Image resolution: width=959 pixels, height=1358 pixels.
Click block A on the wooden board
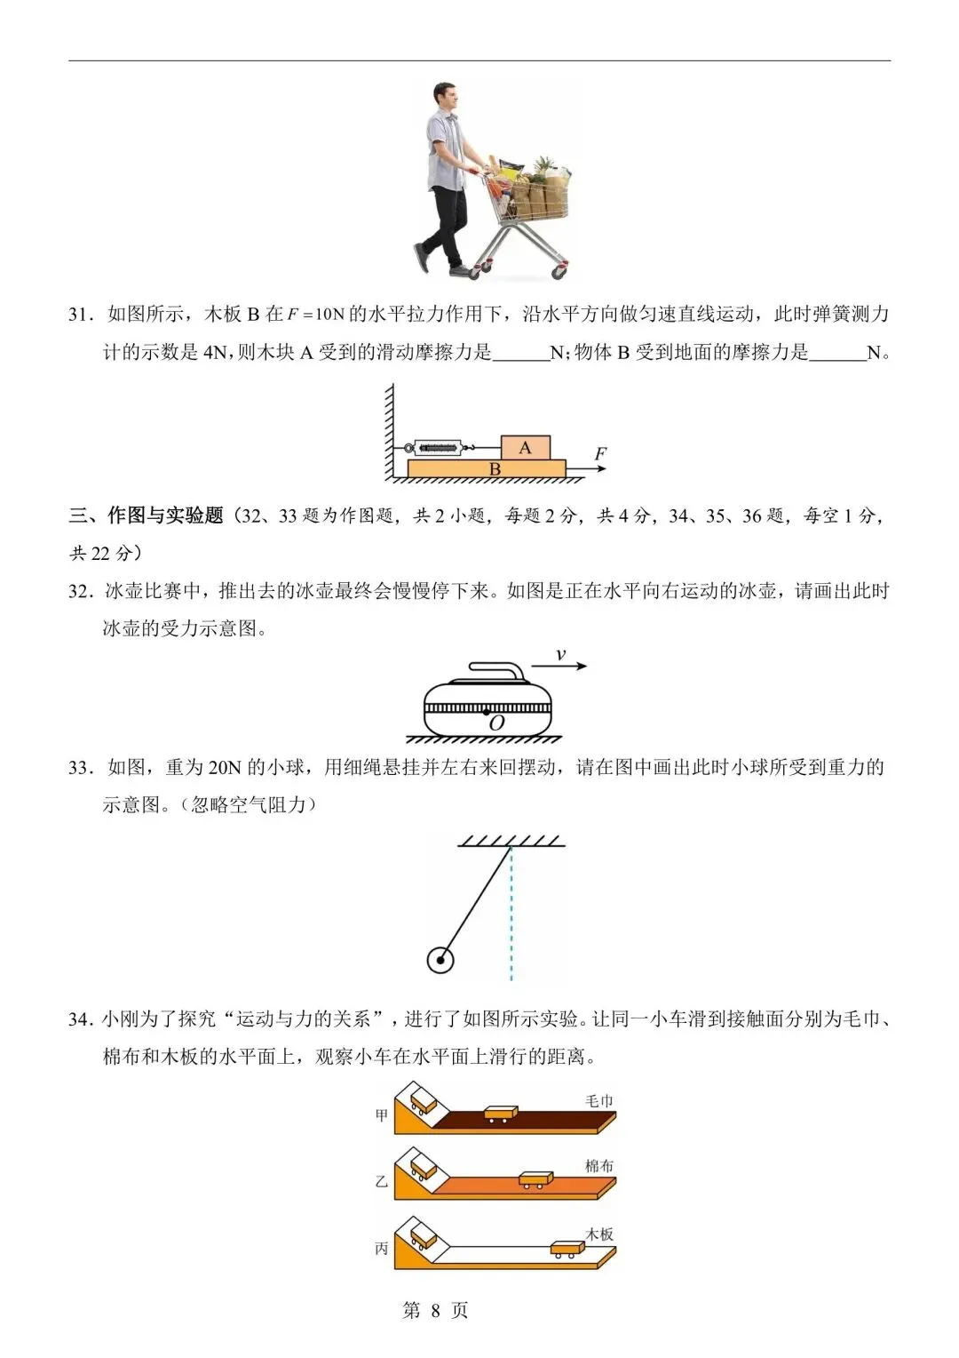click(526, 447)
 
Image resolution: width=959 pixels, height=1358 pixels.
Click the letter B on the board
click(495, 469)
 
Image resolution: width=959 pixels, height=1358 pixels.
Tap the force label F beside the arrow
click(600, 454)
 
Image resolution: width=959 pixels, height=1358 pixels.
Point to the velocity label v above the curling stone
click(560, 655)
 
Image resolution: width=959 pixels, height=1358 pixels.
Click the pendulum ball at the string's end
click(440, 960)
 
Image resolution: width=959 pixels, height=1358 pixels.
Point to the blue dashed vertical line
click(511, 915)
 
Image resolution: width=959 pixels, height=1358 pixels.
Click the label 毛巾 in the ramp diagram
click(599, 1100)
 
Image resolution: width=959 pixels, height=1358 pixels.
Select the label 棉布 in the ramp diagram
click(599, 1165)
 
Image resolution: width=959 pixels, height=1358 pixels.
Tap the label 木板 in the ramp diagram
click(599, 1234)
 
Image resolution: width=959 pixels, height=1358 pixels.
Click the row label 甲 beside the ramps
click(382, 1114)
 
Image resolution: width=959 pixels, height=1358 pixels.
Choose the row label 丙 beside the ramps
click(382, 1248)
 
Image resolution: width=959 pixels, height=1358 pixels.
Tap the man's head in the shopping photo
click(447, 100)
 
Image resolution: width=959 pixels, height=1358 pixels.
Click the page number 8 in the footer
click(435, 1310)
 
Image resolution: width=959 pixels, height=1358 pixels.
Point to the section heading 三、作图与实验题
click(147, 515)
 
